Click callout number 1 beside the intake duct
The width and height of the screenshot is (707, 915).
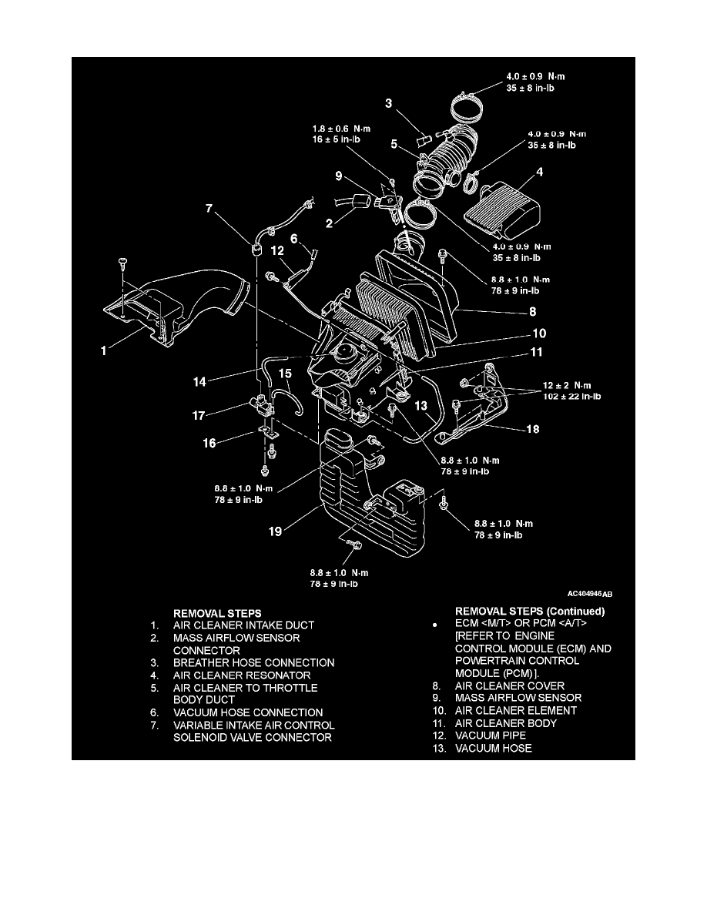click(x=104, y=350)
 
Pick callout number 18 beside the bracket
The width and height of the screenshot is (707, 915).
click(x=533, y=431)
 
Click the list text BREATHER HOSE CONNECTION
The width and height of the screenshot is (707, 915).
click(x=253, y=662)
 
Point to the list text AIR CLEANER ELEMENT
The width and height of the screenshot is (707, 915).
click(x=515, y=711)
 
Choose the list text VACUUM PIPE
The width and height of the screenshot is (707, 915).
click(x=490, y=736)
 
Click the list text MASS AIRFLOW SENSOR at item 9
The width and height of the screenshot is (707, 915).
click(x=515, y=698)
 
